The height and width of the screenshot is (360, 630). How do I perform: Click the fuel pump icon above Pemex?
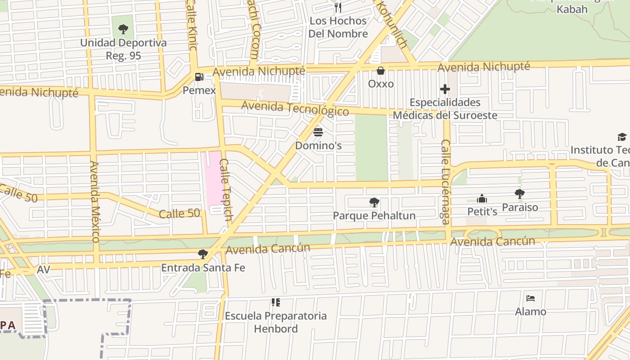(x=199, y=77)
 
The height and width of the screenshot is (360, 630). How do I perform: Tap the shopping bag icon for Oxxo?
(x=381, y=71)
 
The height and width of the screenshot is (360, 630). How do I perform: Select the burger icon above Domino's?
(x=318, y=132)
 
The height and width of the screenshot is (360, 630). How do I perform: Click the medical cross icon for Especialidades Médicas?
(x=445, y=89)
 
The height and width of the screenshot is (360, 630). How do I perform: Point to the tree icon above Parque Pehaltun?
(x=374, y=202)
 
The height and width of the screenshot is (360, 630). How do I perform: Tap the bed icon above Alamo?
(x=531, y=298)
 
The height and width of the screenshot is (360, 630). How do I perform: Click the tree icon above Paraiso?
(x=520, y=194)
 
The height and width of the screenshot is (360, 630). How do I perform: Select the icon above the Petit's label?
(x=482, y=198)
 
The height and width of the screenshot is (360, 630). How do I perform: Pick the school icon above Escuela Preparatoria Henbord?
(x=275, y=302)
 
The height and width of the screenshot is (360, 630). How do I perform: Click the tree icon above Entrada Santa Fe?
(x=203, y=254)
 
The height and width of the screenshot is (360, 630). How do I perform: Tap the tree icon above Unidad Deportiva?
(x=123, y=30)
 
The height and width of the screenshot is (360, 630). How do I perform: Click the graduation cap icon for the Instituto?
(x=621, y=137)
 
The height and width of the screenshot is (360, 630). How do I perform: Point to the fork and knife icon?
(x=338, y=7)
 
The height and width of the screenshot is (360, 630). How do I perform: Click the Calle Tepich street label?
(x=226, y=189)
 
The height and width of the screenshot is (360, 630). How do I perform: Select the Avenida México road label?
(x=94, y=201)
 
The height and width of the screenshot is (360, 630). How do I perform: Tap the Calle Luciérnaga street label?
(x=445, y=181)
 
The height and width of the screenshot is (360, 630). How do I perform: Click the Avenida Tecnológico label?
(x=295, y=108)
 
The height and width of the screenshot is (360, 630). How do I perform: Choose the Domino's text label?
(x=318, y=146)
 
